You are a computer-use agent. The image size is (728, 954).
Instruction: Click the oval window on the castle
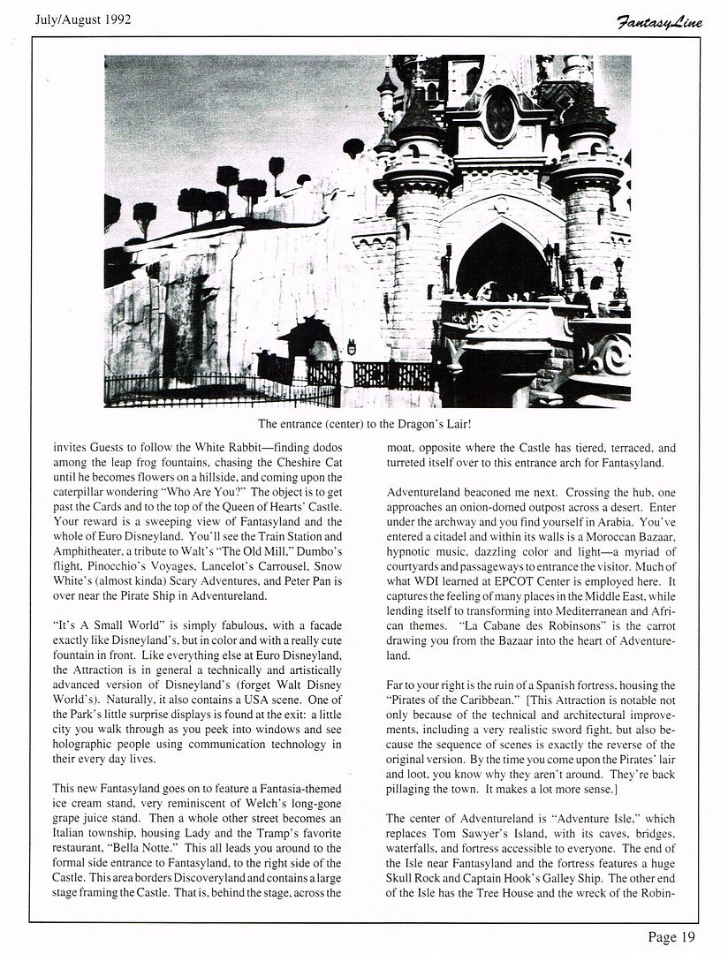click(500, 115)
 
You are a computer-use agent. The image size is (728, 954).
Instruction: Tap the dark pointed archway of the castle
click(502, 261)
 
